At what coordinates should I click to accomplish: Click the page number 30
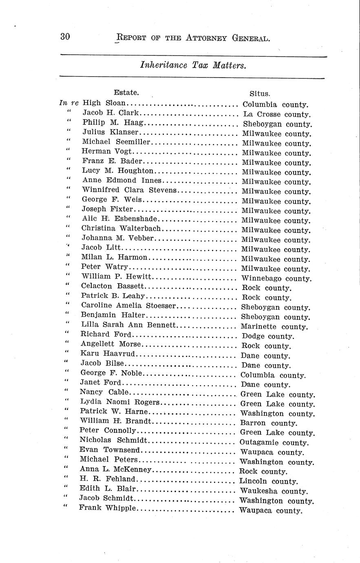click(x=65, y=37)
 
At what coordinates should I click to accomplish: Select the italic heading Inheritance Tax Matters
click(x=193, y=65)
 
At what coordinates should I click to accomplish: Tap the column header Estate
click(x=126, y=92)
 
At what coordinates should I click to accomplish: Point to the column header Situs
click(x=260, y=93)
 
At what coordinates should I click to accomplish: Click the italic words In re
click(x=68, y=103)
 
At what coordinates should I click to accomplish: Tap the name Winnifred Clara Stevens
click(x=129, y=190)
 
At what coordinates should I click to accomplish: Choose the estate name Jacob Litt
click(x=101, y=248)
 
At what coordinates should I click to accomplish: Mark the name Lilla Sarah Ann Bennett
click(x=128, y=325)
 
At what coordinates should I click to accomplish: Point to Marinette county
click(x=274, y=327)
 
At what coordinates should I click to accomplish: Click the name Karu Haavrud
click(x=108, y=353)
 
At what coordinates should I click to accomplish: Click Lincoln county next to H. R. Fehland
click(x=268, y=481)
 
